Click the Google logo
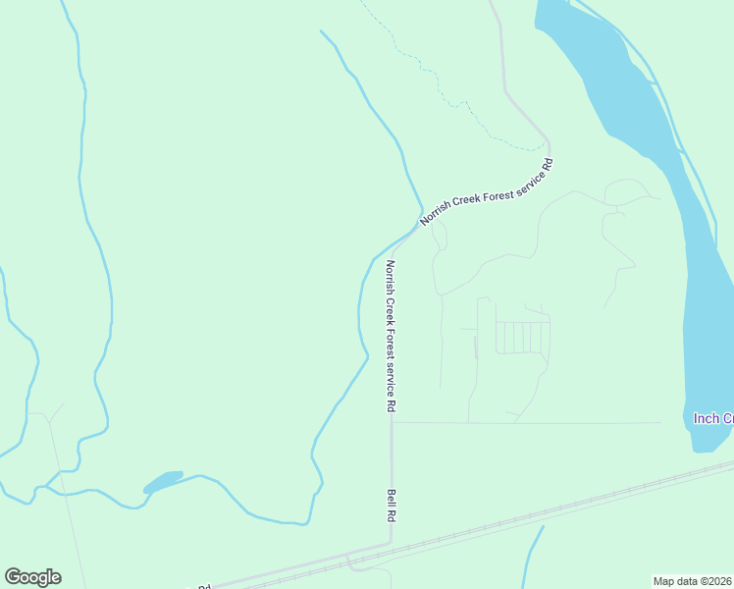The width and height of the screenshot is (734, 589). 32,577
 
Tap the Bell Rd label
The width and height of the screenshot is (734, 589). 391,505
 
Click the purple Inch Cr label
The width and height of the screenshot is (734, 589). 713,418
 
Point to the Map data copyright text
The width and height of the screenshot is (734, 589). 693,581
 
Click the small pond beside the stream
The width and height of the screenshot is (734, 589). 163,482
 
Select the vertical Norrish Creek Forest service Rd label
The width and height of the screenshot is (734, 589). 391,336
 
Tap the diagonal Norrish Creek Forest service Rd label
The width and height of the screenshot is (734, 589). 487,192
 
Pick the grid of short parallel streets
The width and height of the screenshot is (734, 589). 521,337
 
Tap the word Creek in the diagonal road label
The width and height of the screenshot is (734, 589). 470,201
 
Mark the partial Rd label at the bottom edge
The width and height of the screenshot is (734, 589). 204,586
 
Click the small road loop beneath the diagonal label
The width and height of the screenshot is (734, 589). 440,236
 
